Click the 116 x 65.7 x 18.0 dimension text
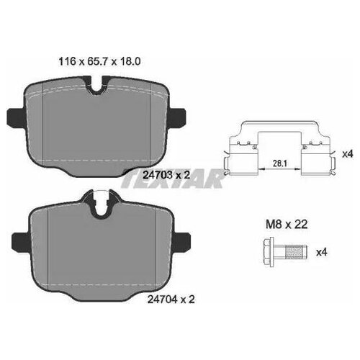99,62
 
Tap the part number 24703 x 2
166,175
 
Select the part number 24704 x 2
171,299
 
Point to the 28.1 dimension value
280,163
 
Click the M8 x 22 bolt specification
287,225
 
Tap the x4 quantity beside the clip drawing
348,154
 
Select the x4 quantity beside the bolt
322,252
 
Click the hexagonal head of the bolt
269,252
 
